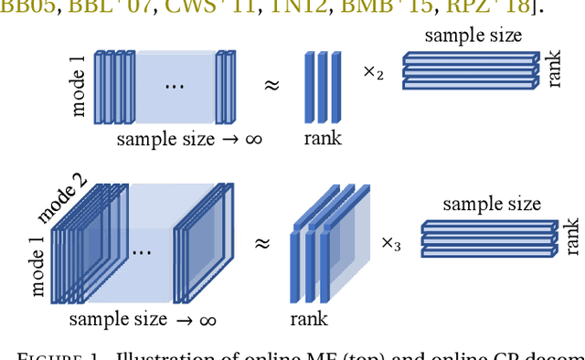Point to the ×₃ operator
[391, 244]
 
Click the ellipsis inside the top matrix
[175, 86]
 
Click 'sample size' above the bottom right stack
[492, 204]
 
